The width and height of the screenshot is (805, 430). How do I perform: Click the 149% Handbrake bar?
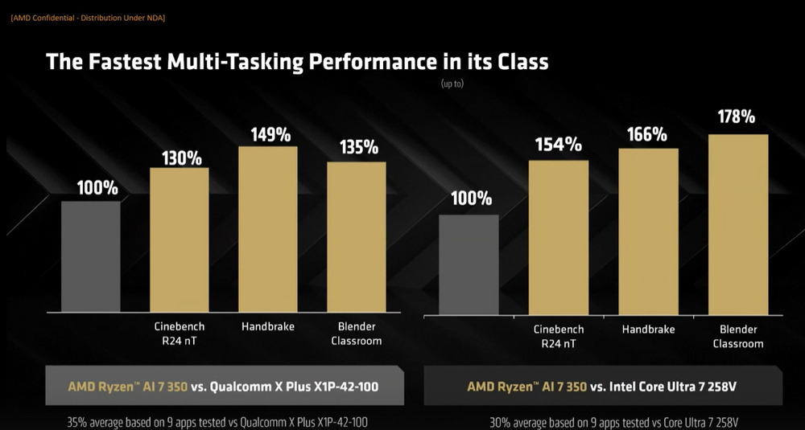pyautogui.click(x=268, y=229)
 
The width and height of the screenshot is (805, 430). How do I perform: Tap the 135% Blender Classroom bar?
pyautogui.click(x=357, y=237)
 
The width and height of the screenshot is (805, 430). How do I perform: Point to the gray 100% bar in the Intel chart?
pyautogui.click(x=469, y=266)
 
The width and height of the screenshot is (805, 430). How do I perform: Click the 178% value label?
pyautogui.click(x=737, y=117)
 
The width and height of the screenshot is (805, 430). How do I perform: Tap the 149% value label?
pyautogui.click(x=270, y=133)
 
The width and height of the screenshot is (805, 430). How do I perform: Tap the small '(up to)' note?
pyautogui.click(x=452, y=83)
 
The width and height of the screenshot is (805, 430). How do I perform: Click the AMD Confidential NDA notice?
pyautogui.click(x=88, y=18)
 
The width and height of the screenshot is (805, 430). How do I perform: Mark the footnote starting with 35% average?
pyautogui.click(x=211, y=422)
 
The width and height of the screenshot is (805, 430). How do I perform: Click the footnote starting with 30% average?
pyautogui.click(x=613, y=422)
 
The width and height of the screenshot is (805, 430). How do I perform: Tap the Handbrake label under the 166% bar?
pyautogui.click(x=648, y=330)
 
